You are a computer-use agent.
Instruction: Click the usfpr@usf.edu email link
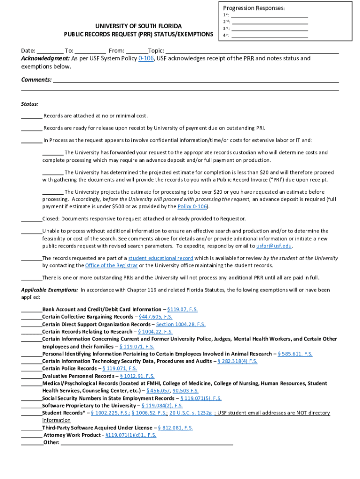coord(274,246)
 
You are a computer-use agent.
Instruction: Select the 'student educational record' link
coord(161,258)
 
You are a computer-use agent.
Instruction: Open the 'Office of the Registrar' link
coord(111,266)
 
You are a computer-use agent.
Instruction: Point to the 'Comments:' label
coord(36,80)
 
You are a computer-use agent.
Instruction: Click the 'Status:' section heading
coord(29,104)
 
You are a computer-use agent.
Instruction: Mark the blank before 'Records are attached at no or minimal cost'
coord(31,116)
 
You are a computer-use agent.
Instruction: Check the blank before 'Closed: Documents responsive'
coord(31,219)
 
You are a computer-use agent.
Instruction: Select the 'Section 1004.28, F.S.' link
coord(180,325)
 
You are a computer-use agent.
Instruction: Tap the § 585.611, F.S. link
coord(295,354)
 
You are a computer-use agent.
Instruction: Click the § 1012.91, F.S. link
coord(137,376)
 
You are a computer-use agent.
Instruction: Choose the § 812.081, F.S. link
coord(175,428)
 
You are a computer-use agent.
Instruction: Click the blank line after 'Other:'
coord(147,443)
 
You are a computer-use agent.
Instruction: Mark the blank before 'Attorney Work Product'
coord(31,435)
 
